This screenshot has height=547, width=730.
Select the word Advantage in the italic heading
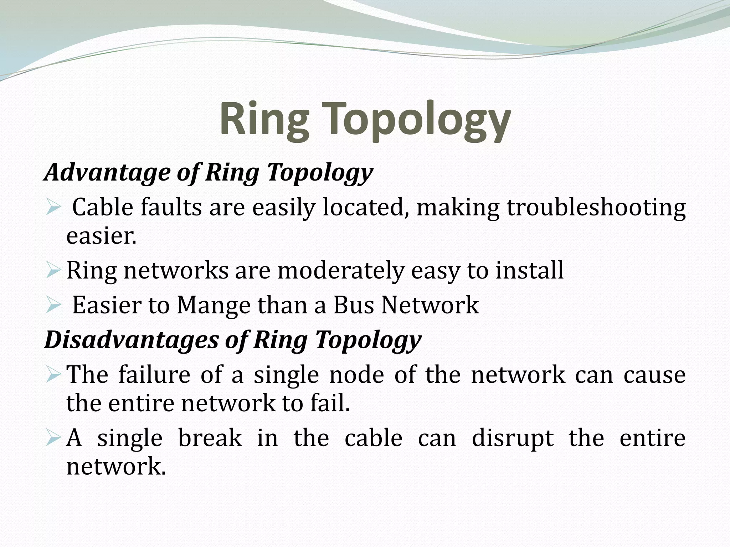pyautogui.click(x=107, y=172)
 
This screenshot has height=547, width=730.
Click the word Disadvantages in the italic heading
pyautogui.click(x=131, y=339)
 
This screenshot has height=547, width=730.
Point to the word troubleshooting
pyautogui.click(x=596, y=208)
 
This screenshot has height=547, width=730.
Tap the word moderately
pyautogui.click(x=340, y=270)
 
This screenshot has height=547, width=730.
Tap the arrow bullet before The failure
pyautogui.click(x=54, y=375)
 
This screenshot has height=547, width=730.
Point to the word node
pyautogui.click(x=356, y=375)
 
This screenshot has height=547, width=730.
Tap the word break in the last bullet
pyautogui.click(x=210, y=438)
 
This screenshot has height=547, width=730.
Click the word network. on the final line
pyautogui.click(x=116, y=466)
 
